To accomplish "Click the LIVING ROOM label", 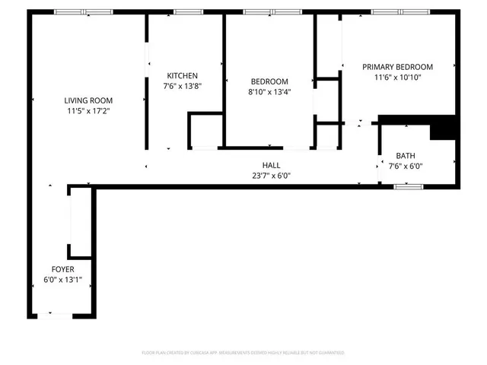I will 88,100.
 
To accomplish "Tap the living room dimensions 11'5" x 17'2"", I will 88,110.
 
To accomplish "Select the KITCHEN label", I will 183,75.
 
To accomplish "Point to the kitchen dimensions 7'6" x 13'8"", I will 183,86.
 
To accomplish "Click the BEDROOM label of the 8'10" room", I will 269,81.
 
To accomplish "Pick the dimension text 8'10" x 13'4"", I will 269,92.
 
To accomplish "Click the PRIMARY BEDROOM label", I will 397,66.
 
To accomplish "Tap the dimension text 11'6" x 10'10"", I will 397,77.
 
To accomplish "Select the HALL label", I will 271,165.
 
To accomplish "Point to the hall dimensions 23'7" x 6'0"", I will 271,176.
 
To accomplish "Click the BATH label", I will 406,155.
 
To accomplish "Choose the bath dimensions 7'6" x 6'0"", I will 406,166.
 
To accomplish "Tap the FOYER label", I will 62,270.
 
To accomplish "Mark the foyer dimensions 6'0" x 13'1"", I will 62,281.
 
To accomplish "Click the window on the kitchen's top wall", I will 185,12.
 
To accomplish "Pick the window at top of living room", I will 84,12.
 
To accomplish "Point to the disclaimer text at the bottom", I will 243,353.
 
